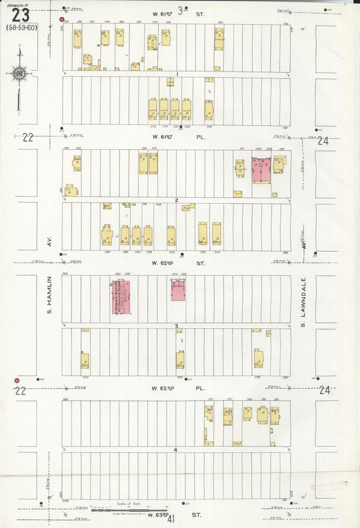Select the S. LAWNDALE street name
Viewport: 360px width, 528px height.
(304, 300)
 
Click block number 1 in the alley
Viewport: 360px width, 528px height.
(176, 74)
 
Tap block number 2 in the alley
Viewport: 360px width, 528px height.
(176, 201)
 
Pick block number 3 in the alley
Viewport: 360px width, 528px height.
(176, 326)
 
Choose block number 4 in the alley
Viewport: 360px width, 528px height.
(176, 450)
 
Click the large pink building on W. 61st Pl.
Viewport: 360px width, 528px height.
(261, 169)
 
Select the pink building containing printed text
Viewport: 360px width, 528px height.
(121, 297)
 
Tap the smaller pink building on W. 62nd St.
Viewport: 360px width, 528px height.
(178, 289)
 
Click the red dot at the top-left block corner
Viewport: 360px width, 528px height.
(62, 20)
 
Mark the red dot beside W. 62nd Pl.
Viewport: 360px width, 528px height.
(17, 381)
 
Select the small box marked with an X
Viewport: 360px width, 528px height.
(107, 206)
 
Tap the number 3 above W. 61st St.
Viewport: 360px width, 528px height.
(180, 9)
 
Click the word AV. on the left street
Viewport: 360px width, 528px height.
(49, 239)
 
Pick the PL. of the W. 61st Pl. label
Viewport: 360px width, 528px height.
(201, 137)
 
